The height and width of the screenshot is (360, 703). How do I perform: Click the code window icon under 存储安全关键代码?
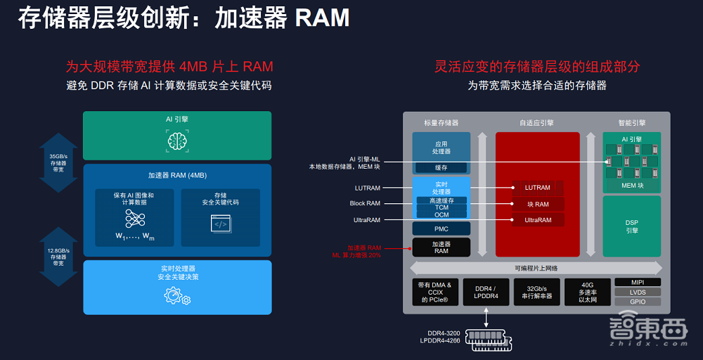(221, 224)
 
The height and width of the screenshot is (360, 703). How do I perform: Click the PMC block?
(441, 229)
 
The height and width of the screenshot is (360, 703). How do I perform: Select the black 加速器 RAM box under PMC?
(441, 247)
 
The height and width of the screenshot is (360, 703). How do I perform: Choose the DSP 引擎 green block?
(631, 226)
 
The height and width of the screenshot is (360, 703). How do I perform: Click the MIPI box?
(637, 282)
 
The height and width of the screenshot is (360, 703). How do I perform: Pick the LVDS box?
(637, 292)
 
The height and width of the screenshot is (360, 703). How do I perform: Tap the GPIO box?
(637, 302)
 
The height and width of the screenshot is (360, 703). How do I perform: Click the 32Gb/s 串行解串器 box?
(537, 292)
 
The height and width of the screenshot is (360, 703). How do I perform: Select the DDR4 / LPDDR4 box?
(486, 292)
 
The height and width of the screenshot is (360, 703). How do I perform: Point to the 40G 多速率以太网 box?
(587, 292)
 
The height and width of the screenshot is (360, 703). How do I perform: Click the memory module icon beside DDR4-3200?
(486, 338)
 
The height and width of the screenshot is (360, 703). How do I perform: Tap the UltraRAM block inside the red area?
(538, 220)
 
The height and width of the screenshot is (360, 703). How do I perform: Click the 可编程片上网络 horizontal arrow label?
(536, 268)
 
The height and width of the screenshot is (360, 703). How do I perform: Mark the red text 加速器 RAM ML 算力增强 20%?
(363, 251)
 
